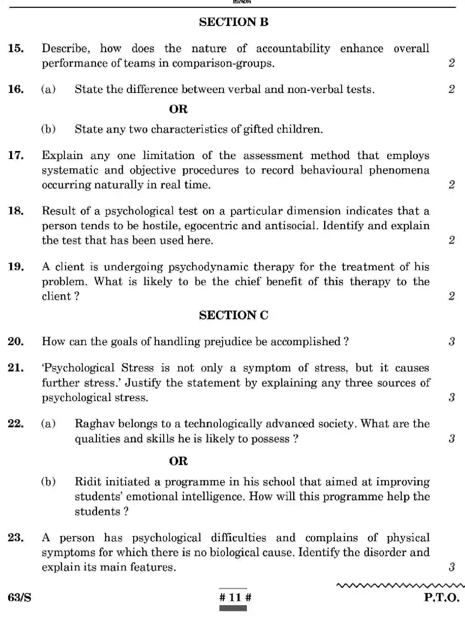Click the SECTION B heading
pyautogui.click(x=234, y=22)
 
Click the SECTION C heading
pyautogui.click(x=234, y=315)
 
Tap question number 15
pyautogui.click(x=16, y=48)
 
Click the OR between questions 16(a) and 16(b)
pyautogui.click(x=178, y=109)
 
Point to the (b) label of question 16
pyautogui.click(x=49, y=129)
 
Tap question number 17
pyautogui.click(x=16, y=155)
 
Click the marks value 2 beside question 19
pyautogui.click(x=452, y=296)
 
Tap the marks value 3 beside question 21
pyautogui.click(x=452, y=397)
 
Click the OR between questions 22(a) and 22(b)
pyautogui.click(x=178, y=461)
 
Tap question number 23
pyautogui.click(x=16, y=538)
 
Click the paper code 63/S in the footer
pyautogui.click(x=19, y=598)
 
